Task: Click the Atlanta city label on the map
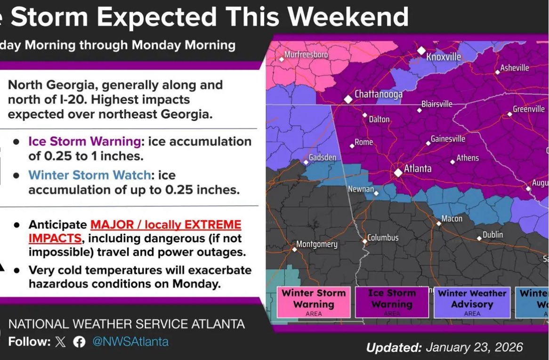(418, 168)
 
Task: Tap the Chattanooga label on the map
(378, 94)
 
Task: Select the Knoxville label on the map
(444, 57)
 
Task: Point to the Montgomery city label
(316, 244)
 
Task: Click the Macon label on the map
(452, 219)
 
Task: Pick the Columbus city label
(383, 238)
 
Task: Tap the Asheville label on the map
(514, 68)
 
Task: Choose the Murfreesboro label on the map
(306, 55)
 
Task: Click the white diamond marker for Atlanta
(398, 173)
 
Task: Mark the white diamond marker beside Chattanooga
(348, 99)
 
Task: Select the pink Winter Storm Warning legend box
(314, 302)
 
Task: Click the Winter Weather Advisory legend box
(472, 302)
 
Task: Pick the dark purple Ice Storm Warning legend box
(392, 302)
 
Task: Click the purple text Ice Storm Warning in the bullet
(84, 142)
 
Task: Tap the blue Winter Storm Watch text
(89, 176)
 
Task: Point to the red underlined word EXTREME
(215, 224)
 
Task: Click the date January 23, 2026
(474, 347)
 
